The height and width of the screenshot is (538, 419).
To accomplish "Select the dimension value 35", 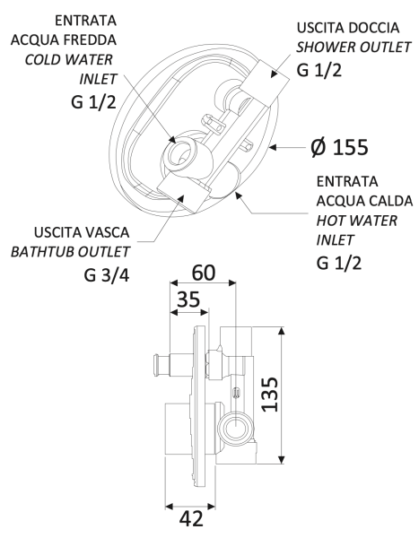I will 188,301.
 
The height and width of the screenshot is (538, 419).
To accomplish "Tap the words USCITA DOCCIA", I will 351,29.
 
